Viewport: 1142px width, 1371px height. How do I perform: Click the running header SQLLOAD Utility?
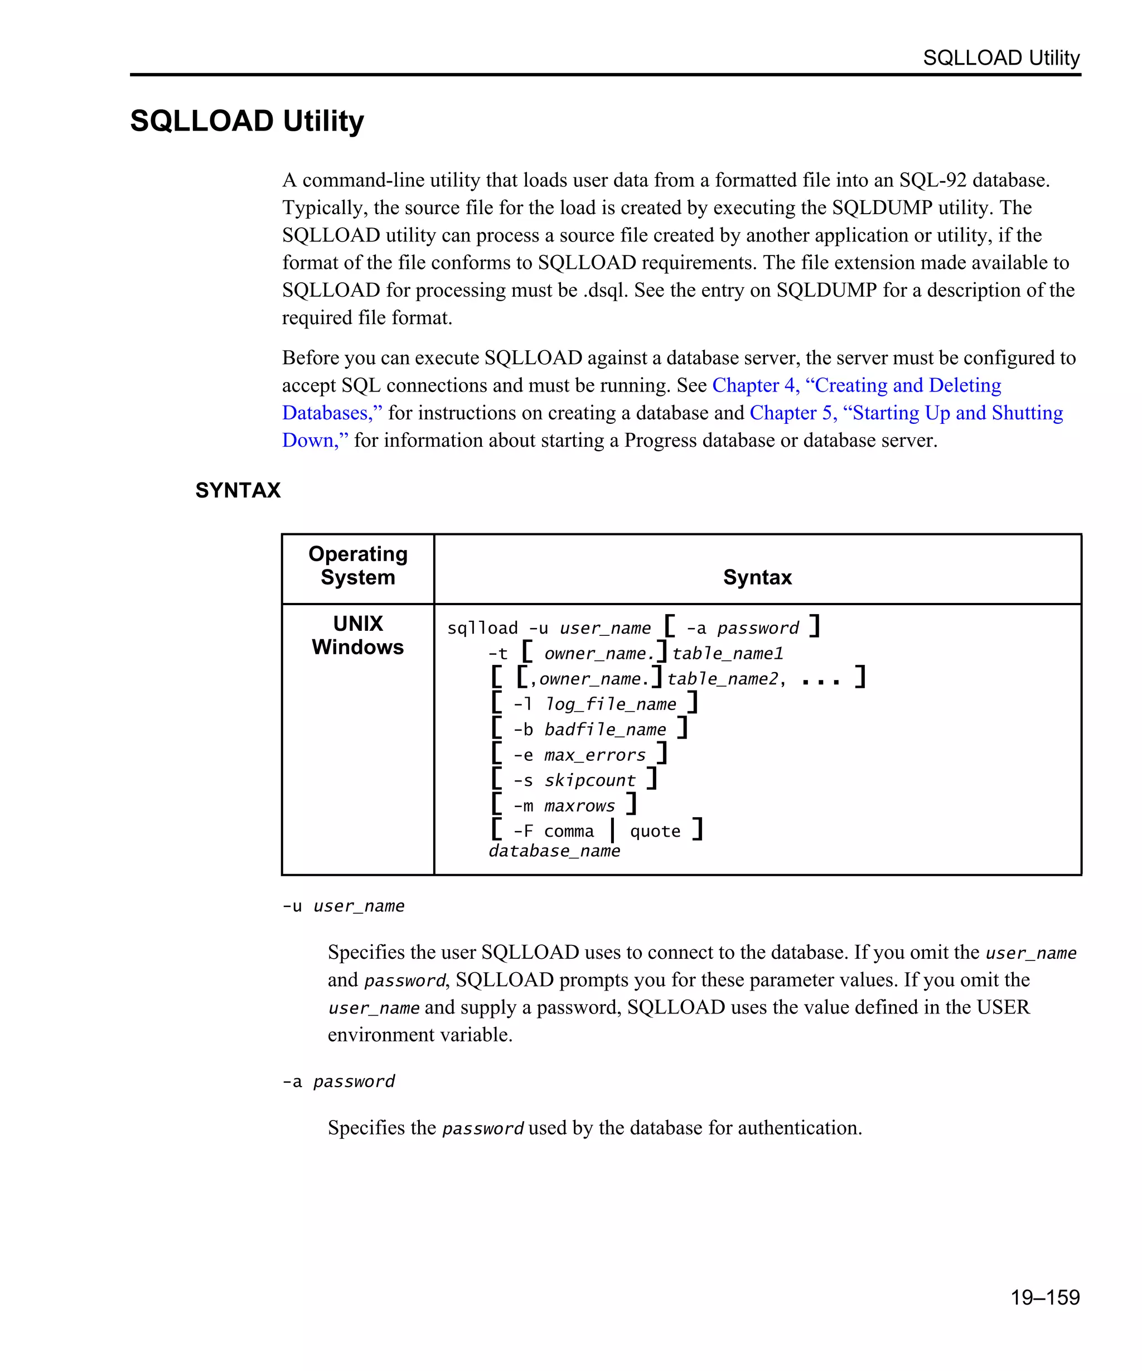[x=1000, y=57]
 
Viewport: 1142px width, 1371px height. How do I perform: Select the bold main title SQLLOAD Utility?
[x=246, y=121]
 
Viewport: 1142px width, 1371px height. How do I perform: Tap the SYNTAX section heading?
[x=238, y=490]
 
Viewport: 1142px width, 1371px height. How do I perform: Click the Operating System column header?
[x=357, y=566]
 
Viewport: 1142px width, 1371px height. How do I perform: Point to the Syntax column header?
[x=757, y=577]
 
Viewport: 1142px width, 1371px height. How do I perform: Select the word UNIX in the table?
[x=357, y=624]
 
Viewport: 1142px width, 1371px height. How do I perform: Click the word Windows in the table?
[x=357, y=647]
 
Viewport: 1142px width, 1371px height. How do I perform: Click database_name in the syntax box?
[x=554, y=851]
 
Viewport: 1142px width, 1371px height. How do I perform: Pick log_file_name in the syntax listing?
[x=611, y=704]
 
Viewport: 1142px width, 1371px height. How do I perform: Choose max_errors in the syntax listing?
[x=594, y=755]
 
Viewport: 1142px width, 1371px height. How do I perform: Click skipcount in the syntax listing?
[x=589, y=780]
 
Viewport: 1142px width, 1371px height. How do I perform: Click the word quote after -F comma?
[x=655, y=831]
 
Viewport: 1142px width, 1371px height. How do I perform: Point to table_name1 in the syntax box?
[x=727, y=654]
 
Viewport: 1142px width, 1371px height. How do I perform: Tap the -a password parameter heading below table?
[x=338, y=1081]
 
